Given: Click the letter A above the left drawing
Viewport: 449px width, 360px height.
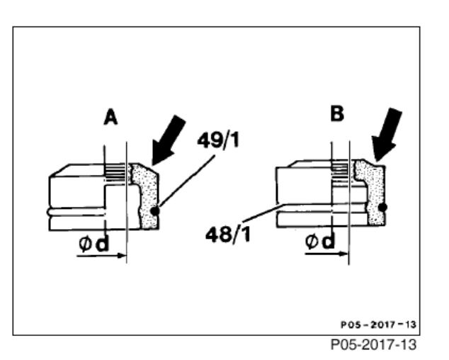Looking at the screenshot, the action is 110,117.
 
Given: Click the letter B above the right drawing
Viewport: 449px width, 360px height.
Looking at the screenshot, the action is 337,113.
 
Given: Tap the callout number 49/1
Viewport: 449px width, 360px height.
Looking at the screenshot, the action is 218,140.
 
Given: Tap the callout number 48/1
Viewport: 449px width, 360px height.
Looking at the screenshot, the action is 228,234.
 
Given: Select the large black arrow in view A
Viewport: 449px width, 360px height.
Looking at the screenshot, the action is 168,140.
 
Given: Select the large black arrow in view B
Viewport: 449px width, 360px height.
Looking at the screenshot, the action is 387,134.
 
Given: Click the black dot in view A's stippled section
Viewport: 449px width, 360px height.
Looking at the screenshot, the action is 154,211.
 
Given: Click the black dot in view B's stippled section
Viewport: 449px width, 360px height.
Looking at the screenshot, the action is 382,207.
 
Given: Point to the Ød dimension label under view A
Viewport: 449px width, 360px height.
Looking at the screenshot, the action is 94,244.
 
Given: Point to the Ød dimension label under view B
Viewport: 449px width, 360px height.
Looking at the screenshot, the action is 320,241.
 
